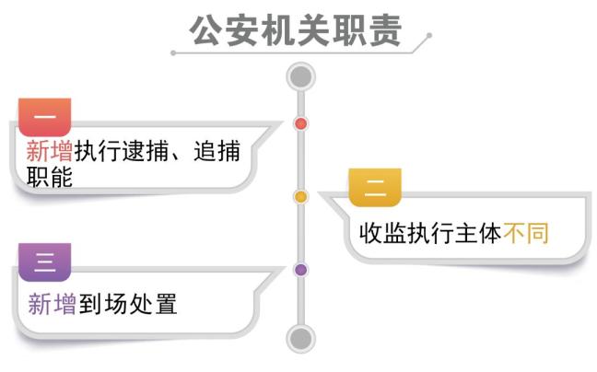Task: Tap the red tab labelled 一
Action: click(x=44, y=116)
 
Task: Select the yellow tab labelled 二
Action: click(x=375, y=188)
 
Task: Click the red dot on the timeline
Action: click(x=300, y=123)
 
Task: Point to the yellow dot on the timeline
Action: click(x=300, y=196)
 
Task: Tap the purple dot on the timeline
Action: click(x=300, y=270)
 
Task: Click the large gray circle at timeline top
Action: click(x=300, y=76)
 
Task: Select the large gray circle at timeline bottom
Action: click(x=300, y=338)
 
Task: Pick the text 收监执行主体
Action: click(x=429, y=233)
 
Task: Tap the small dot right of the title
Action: click(x=428, y=37)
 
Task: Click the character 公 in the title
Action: click(x=205, y=30)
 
